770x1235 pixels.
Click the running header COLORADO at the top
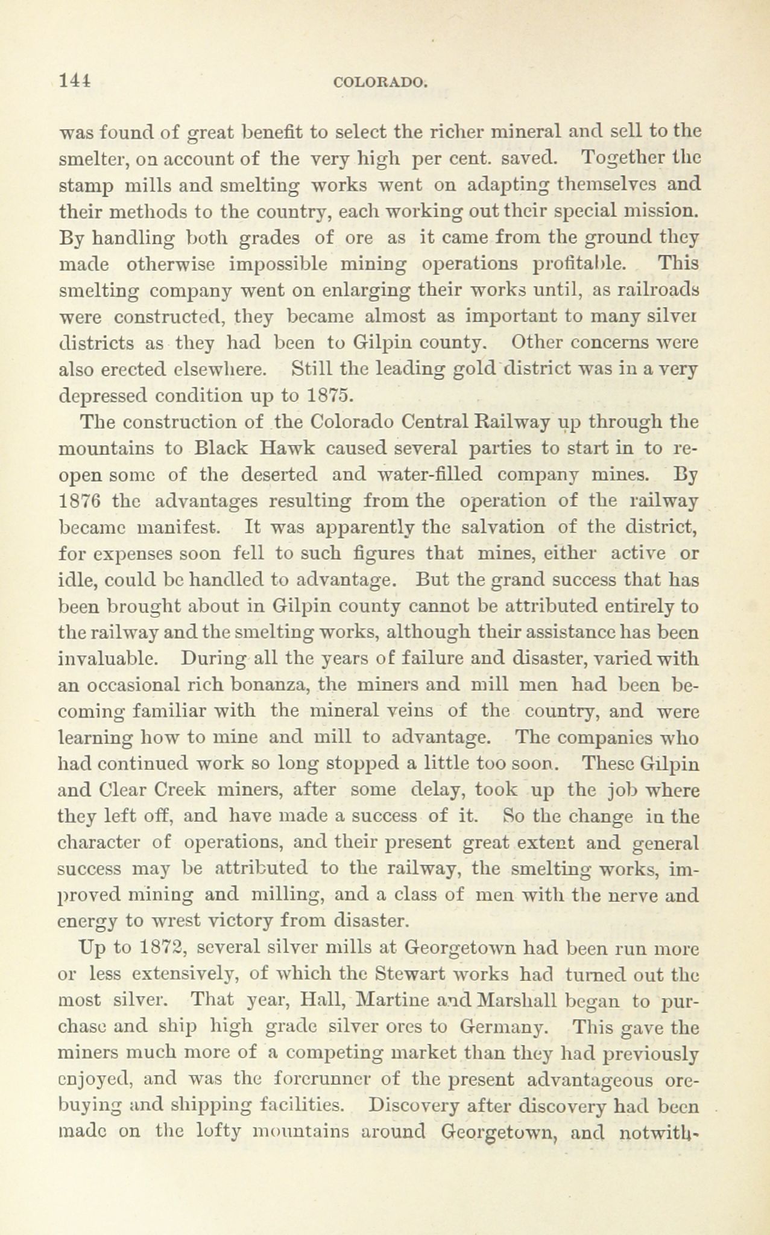tap(380, 82)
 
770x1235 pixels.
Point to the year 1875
tap(327, 395)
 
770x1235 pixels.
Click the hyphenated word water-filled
tap(408, 475)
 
